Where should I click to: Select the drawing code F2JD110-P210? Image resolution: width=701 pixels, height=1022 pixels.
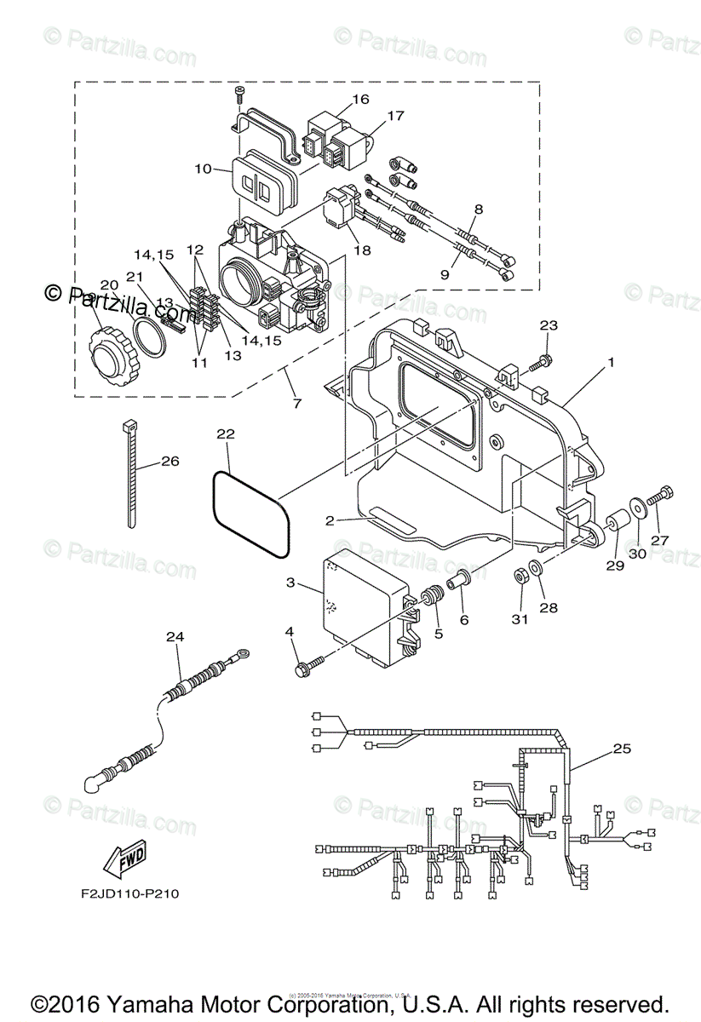[125, 894]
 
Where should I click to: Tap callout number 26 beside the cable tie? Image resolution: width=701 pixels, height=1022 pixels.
[170, 462]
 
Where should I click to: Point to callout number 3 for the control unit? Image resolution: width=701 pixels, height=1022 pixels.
[290, 583]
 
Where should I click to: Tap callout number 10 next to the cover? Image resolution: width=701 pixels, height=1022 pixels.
[203, 169]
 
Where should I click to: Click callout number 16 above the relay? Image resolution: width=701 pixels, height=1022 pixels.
[360, 99]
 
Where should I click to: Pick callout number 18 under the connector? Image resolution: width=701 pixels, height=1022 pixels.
[361, 251]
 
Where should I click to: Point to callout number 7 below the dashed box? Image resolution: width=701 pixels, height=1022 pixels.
[296, 402]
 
